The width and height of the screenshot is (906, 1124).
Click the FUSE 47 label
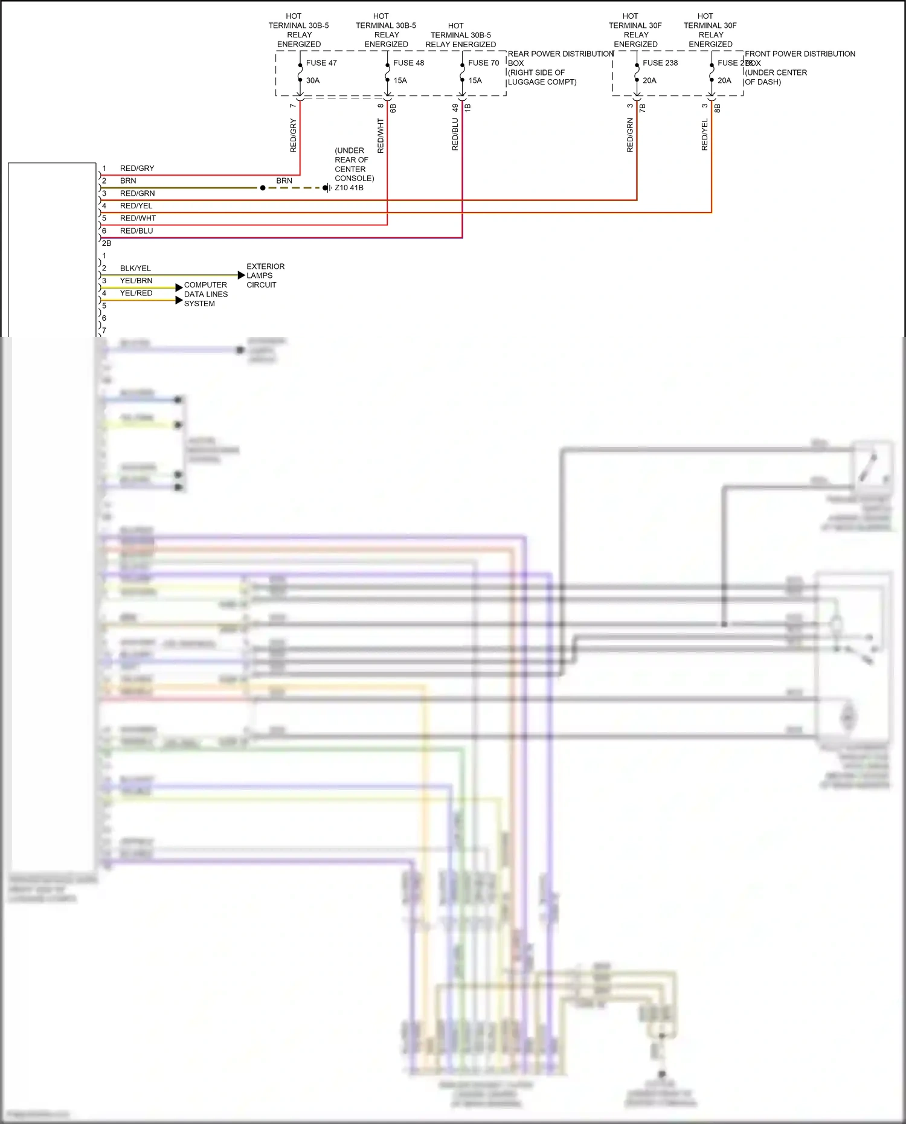pyautogui.click(x=321, y=63)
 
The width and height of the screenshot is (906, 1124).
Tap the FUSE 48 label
pyautogui.click(x=408, y=63)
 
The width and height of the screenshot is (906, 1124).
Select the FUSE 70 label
pyautogui.click(x=483, y=63)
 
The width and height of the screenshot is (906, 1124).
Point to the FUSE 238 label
pyautogui.click(x=660, y=63)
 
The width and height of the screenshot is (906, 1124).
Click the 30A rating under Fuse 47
pyautogui.click(x=313, y=80)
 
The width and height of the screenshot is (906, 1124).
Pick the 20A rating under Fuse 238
pyautogui.click(x=649, y=80)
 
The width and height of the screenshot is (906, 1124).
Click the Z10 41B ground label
pyautogui.click(x=349, y=188)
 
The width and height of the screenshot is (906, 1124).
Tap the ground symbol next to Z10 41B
pyautogui.click(x=327, y=188)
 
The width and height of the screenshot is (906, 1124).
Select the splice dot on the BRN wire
pyautogui.click(x=263, y=188)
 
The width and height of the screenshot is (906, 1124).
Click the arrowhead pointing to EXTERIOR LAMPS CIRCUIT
pyautogui.click(x=242, y=275)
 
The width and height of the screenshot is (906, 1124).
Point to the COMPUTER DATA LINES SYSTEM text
pyautogui.click(x=205, y=294)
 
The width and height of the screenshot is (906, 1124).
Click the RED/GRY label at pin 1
pyautogui.click(x=137, y=169)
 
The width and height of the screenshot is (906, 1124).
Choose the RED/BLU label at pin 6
pyautogui.click(x=137, y=231)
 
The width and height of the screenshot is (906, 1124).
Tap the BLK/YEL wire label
pyautogui.click(x=135, y=268)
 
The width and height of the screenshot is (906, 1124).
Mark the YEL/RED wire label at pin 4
pyautogui.click(x=136, y=293)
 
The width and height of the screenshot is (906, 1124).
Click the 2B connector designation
pyautogui.click(x=106, y=243)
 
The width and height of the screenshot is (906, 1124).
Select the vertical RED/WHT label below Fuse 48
pyautogui.click(x=381, y=135)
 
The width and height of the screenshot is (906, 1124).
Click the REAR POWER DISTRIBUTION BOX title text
pyautogui.click(x=560, y=54)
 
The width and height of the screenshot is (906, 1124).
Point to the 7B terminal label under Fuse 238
pyautogui.click(x=643, y=108)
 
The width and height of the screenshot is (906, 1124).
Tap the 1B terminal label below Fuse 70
pyautogui.click(x=467, y=108)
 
